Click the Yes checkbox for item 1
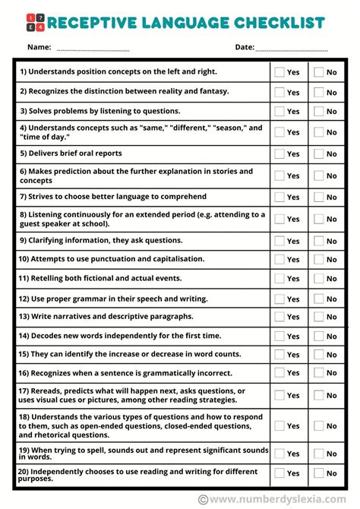[279, 72]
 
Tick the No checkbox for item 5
[319, 153]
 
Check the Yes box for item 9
[279, 241]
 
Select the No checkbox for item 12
[319, 299]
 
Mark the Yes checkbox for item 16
[279, 372]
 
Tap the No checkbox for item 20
[319, 473]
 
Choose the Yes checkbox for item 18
[279, 425]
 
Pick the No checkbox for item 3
[319, 112]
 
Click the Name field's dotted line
[93, 49]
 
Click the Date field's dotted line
[292, 49]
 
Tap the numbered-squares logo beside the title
[34, 22]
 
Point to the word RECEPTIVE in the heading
[87, 23]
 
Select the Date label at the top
[245, 47]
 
